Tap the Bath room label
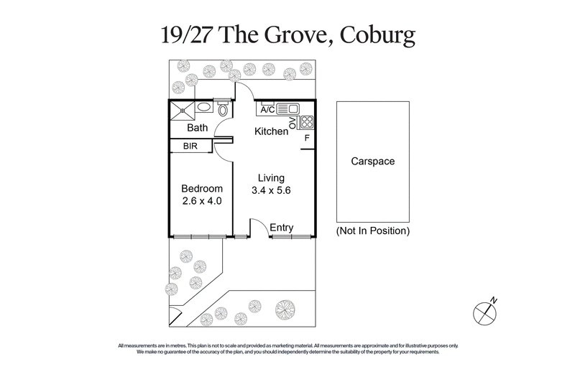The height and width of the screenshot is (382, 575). (198, 128)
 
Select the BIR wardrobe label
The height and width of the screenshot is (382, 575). (190, 146)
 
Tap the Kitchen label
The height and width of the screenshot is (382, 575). (272, 132)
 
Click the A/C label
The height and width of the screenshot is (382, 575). (267, 110)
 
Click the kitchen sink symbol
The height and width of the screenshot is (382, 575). (287, 109)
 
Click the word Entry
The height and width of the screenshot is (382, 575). (282, 228)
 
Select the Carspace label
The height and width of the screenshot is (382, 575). (372, 162)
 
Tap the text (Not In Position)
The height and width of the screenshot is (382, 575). (372, 231)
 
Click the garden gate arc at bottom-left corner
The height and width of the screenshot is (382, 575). (175, 315)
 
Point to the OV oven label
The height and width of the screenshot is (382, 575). (292, 125)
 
